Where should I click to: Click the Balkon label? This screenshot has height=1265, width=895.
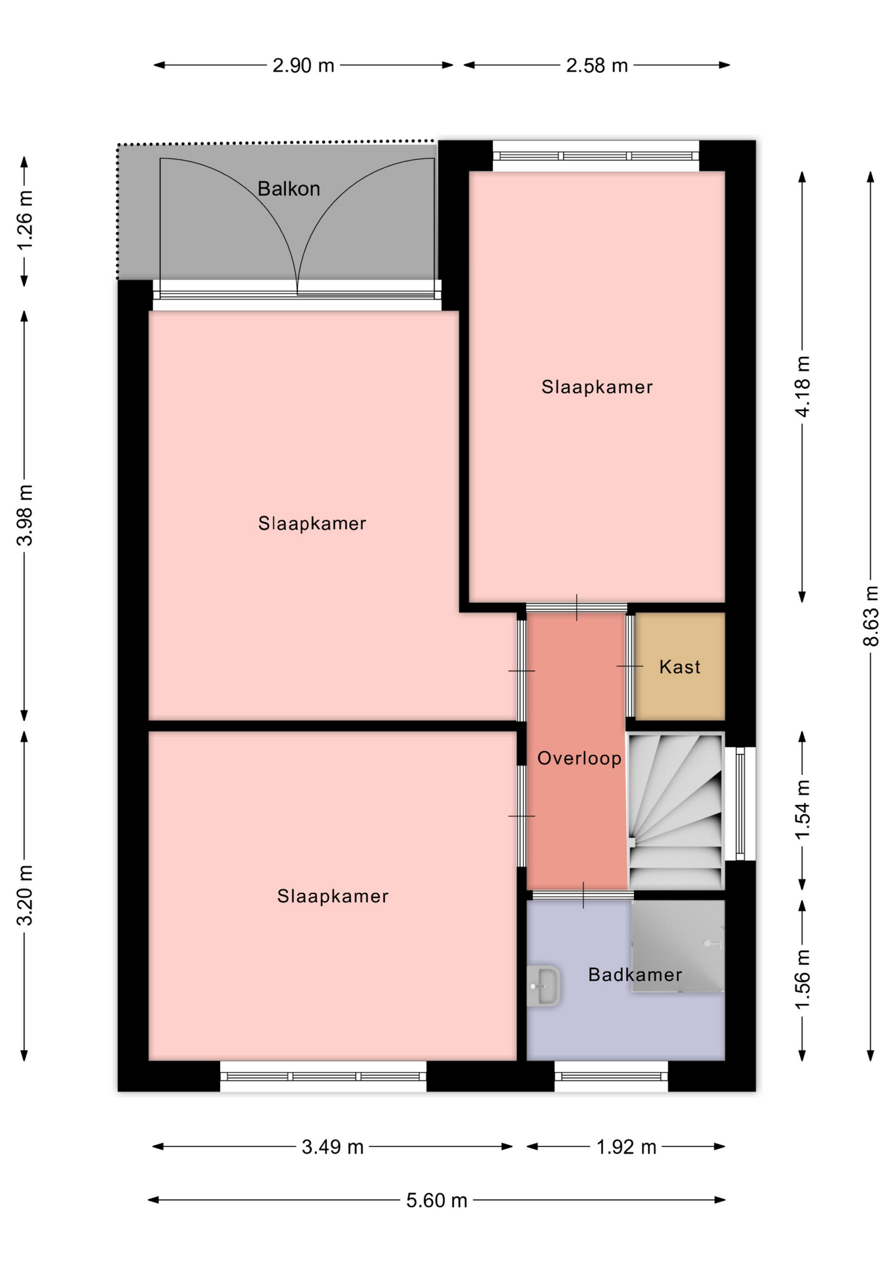pyautogui.click(x=289, y=189)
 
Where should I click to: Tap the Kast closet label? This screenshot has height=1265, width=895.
pyautogui.click(x=679, y=667)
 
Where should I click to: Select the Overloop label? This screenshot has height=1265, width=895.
pyautogui.click(x=579, y=758)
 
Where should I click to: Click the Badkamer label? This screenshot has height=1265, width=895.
pyautogui.click(x=635, y=974)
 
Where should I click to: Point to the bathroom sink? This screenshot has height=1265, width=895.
pyautogui.click(x=543, y=986)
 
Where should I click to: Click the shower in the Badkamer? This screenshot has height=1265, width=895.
pyautogui.click(x=678, y=946)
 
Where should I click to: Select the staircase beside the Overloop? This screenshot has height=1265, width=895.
pyautogui.click(x=675, y=811)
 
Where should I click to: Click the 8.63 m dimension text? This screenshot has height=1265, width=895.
pyautogui.click(x=871, y=616)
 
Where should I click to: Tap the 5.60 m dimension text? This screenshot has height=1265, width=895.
pyautogui.click(x=436, y=1200)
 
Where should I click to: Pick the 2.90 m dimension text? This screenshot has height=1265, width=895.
pyautogui.click(x=303, y=66)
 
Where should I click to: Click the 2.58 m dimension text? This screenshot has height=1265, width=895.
pyautogui.click(x=596, y=66)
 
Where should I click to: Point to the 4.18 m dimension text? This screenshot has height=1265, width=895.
pyautogui.click(x=802, y=386)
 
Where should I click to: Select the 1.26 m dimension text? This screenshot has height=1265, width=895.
pyautogui.click(x=24, y=220)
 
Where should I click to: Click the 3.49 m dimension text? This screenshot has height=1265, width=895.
pyautogui.click(x=332, y=1147)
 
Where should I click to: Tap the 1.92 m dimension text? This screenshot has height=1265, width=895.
pyautogui.click(x=626, y=1147)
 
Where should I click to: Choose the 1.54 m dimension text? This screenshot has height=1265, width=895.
pyautogui.click(x=802, y=810)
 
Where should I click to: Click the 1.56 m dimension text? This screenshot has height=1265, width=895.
pyautogui.click(x=802, y=980)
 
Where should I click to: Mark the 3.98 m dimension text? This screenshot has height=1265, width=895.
pyautogui.click(x=24, y=515)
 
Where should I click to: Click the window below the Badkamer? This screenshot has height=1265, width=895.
pyautogui.click(x=611, y=1076)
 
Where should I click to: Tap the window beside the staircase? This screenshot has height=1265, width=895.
pyautogui.click(x=740, y=804)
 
